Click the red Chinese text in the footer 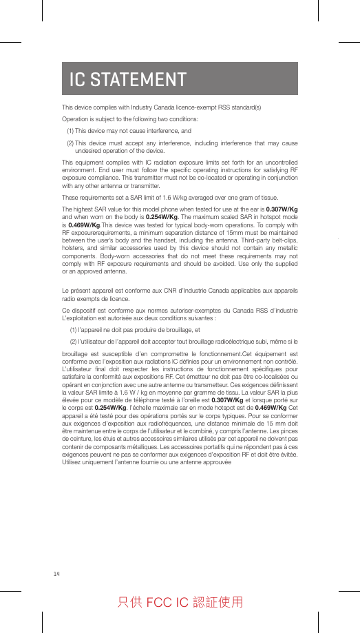click(x=180, y=602)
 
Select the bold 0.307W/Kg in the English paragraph click(x=282, y=209)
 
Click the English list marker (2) click(x=70, y=143)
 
